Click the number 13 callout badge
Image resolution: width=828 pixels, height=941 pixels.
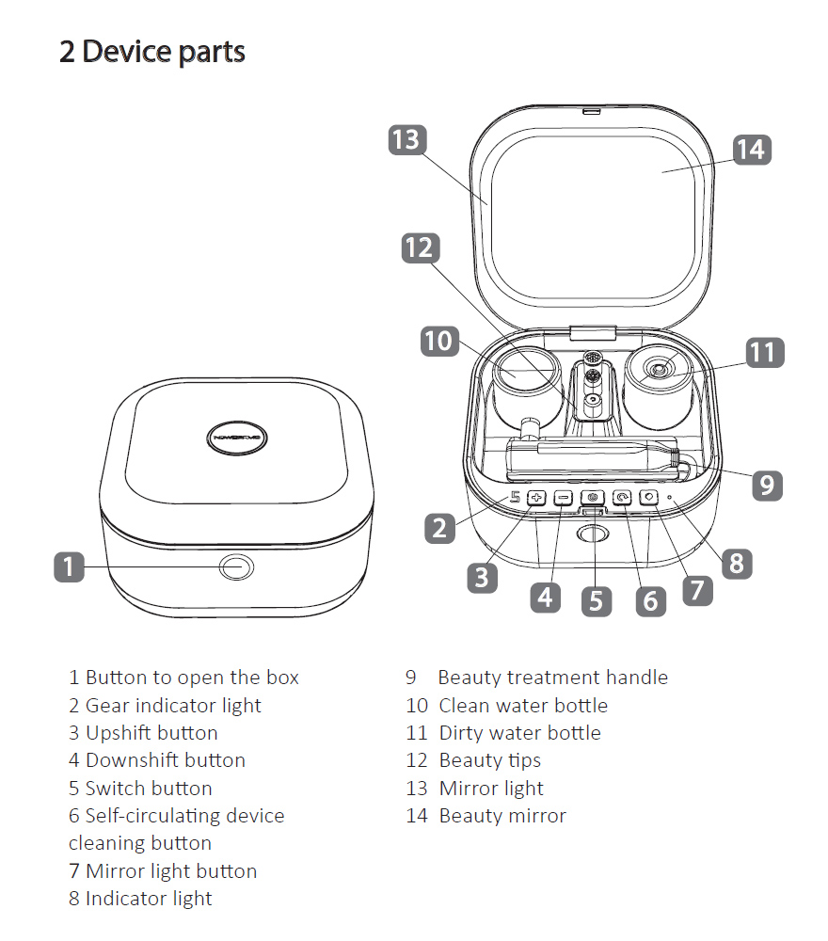pyautogui.click(x=406, y=139)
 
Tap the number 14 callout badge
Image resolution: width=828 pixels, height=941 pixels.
pyautogui.click(x=751, y=149)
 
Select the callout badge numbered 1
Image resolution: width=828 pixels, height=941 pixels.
pyautogui.click(x=69, y=566)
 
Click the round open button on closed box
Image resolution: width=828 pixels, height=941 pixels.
pyautogui.click(x=235, y=567)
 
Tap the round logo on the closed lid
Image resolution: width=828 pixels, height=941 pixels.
pyautogui.click(x=236, y=436)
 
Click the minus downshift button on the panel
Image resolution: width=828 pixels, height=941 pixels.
pyautogui.click(x=563, y=497)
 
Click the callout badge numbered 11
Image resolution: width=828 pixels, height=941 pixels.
pyautogui.click(x=764, y=352)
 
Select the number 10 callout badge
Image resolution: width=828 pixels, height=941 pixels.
pyautogui.click(x=438, y=340)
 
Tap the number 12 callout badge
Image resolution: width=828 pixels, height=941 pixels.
pyautogui.click(x=420, y=247)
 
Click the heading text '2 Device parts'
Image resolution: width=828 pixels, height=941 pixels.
pyautogui.click(x=152, y=52)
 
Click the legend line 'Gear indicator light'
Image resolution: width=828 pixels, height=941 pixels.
pyautogui.click(x=165, y=705)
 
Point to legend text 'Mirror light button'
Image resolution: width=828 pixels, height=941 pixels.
pyautogui.click(x=162, y=870)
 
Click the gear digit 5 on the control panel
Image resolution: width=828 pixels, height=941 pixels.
pyautogui.click(x=514, y=497)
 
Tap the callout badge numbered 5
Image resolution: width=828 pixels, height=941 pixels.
pyautogui.click(x=596, y=600)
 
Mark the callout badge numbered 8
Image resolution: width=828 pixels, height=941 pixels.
pyautogui.click(x=736, y=563)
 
